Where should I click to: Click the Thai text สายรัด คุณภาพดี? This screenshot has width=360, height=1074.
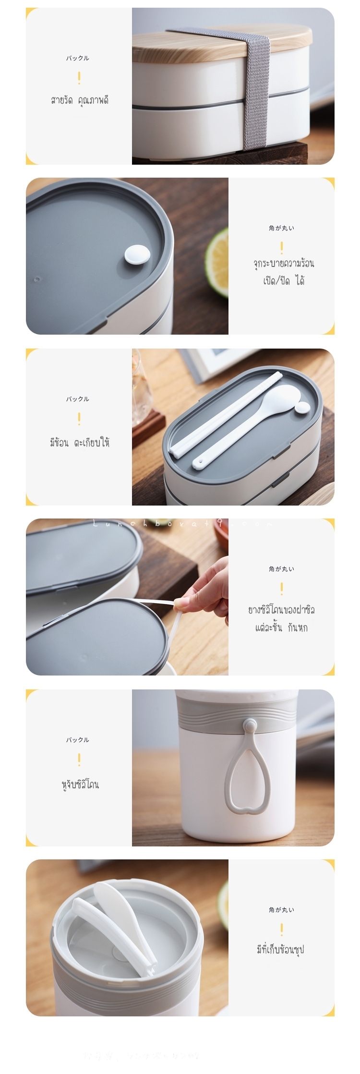pyautogui.click(x=79, y=100)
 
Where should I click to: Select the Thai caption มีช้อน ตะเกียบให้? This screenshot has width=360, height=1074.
pyautogui.click(x=79, y=442)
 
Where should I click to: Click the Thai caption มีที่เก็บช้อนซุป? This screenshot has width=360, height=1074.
pyautogui.click(x=281, y=949)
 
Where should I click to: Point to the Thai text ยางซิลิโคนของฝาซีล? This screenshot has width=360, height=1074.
pyautogui.click(x=281, y=610)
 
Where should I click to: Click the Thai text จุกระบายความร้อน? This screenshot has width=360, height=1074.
pyautogui.click(x=284, y=263)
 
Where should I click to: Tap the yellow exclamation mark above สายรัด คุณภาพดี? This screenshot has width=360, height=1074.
pyautogui.click(x=79, y=78)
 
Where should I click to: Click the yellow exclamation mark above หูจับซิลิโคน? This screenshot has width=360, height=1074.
pyautogui.click(x=79, y=760)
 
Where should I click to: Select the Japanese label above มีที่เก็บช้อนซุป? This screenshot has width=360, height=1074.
pyautogui.click(x=281, y=909)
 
